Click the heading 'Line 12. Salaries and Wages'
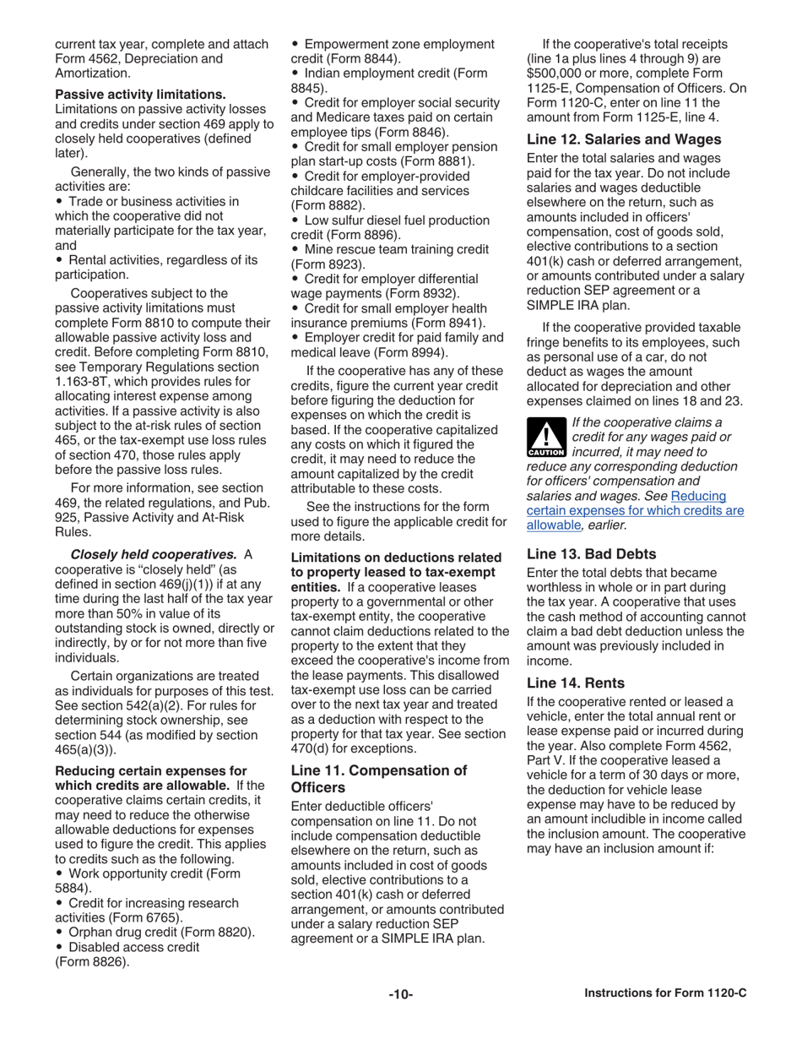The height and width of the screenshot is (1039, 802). (624, 139)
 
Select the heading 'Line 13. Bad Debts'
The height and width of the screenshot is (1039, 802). (591, 554)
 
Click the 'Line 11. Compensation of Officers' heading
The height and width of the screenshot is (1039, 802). (378, 778)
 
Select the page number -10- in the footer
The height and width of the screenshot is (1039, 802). (400, 994)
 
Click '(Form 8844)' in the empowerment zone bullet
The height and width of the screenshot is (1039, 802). (363, 58)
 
